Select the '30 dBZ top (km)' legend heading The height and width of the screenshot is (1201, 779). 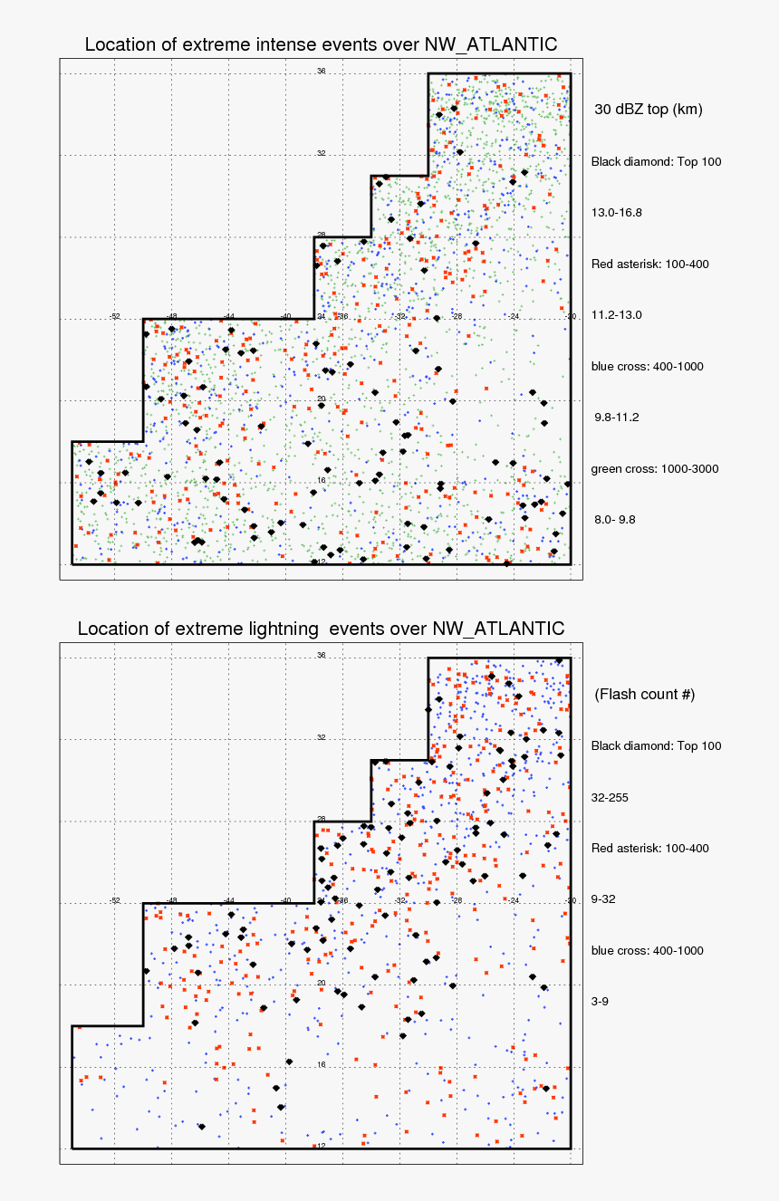click(648, 110)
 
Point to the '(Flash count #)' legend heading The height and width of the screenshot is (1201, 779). click(644, 694)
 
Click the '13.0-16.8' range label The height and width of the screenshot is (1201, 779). click(616, 212)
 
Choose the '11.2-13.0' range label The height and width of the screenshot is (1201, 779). click(616, 314)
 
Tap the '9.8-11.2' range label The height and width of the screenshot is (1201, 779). click(616, 418)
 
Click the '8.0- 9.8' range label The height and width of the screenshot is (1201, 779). click(614, 520)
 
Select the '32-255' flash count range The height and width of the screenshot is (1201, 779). click(610, 797)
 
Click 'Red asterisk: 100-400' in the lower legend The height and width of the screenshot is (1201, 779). click(649, 849)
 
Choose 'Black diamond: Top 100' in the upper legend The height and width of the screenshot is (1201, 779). click(656, 161)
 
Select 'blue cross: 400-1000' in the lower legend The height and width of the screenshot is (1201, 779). click(647, 951)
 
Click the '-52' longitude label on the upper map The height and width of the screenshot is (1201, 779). click(115, 316)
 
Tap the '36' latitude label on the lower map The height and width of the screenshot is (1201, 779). click(321, 655)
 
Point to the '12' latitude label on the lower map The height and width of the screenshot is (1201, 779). click(321, 1146)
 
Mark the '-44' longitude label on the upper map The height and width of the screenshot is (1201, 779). click(229, 316)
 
